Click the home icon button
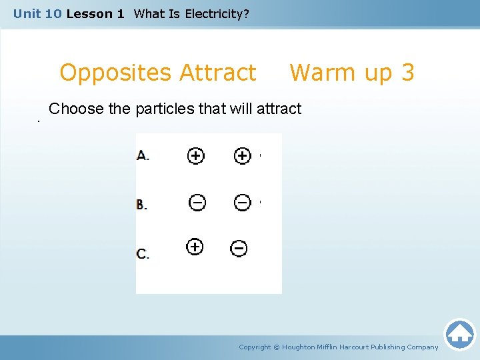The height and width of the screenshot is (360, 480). pyautogui.click(x=459, y=334)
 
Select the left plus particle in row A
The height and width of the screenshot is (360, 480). pyautogui.click(x=195, y=156)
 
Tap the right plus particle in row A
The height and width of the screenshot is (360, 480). pyautogui.click(x=242, y=156)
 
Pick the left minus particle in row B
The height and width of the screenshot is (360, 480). pyautogui.click(x=197, y=202)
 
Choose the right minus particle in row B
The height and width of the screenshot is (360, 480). pyautogui.click(x=243, y=202)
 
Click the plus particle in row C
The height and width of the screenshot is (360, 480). pyautogui.click(x=194, y=247)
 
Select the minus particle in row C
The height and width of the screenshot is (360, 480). pyautogui.click(x=239, y=249)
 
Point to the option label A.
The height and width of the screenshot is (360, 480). pyautogui.click(x=143, y=156)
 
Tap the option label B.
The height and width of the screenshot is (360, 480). pyautogui.click(x=142, y=204)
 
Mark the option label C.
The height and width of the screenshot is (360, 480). pyautogui.click(x=143, y=253)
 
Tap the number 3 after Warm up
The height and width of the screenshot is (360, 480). pyautogui.click(x=407, y=72)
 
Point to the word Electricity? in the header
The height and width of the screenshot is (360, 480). pyautogui.click(x=217, y=13)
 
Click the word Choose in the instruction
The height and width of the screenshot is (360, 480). pyautogui.click(x=76, y=109)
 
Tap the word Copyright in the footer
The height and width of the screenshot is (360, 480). pyautogui.click(x=255, y=347)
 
